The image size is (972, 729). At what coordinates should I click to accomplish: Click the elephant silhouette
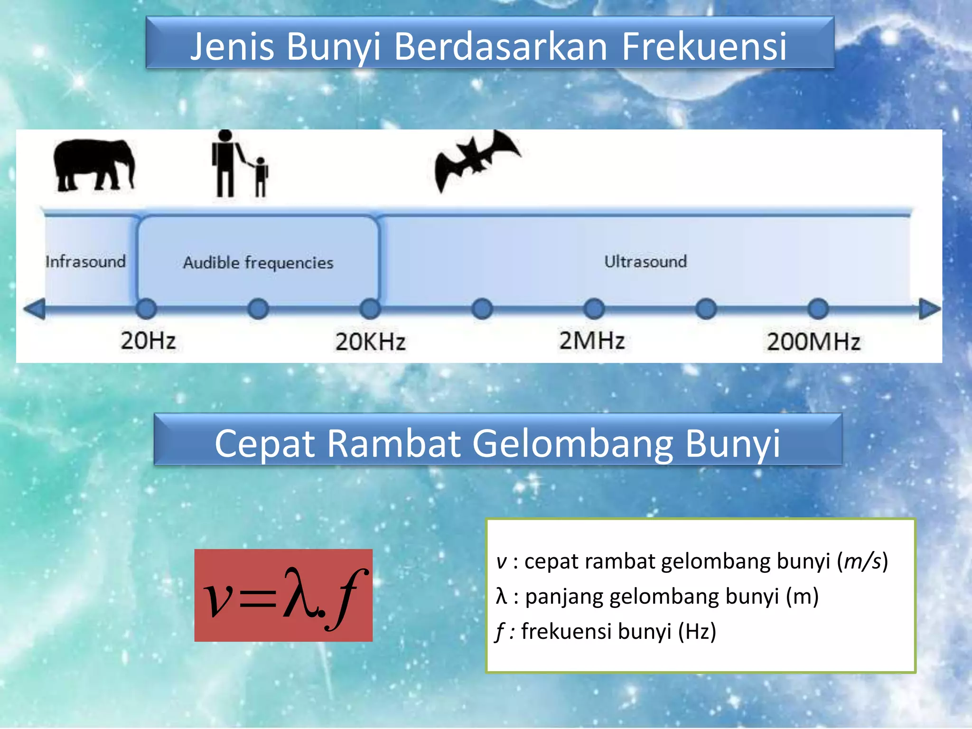93,165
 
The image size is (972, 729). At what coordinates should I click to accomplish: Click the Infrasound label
85,262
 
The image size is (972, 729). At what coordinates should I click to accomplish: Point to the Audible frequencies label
258,262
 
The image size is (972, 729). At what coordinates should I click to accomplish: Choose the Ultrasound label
645,262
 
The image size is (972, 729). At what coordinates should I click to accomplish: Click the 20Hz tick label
148,341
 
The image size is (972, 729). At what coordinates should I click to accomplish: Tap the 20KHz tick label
370,342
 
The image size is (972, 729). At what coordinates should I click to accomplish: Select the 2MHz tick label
592,341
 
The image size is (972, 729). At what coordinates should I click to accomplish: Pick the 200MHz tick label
813,342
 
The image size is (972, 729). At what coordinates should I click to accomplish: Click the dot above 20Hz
146,309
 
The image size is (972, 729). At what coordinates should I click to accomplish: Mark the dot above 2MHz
594,309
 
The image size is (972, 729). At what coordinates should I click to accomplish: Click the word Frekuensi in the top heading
704,47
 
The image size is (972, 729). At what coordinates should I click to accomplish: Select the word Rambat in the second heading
393,443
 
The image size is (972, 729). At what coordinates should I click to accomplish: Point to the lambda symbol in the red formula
299,594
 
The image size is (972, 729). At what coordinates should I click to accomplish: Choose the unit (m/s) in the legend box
862,561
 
